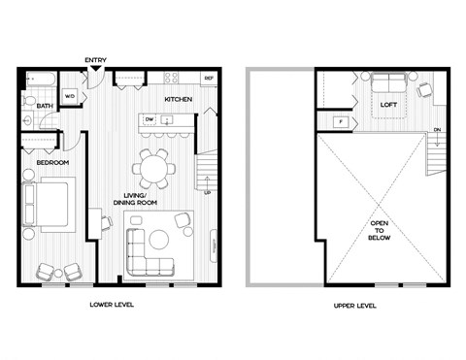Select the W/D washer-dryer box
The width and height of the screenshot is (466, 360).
[x=70, y=98]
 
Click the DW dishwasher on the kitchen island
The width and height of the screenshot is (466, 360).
[x=150, y=119]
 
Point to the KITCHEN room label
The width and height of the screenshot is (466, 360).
[x=178, y=100]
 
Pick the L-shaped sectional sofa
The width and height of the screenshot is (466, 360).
[x=147, y=250]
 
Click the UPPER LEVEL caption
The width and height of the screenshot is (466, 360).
[x=353, y=305]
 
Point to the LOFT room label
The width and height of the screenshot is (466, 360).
[x=389, y=105]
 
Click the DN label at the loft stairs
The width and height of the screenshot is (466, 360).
[x=438, y=130]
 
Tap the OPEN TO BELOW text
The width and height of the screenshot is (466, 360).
[x=378, y=234]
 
